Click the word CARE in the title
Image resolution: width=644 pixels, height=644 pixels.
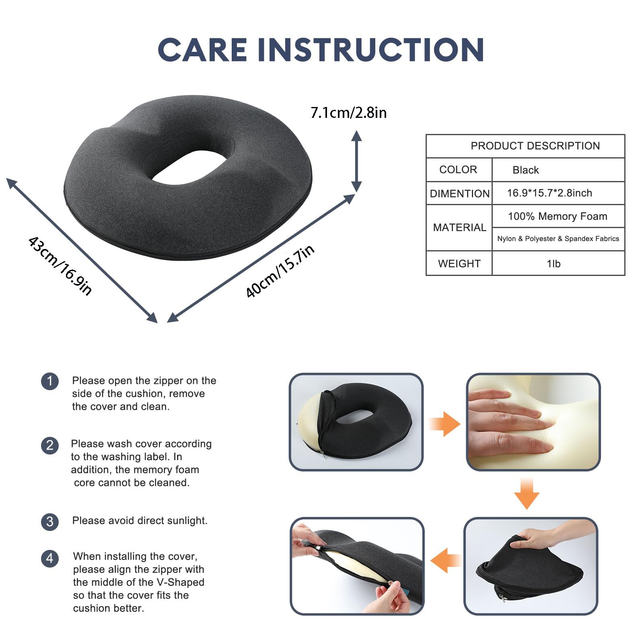pos(203,50)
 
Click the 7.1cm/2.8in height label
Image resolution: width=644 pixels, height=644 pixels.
pos(349,113)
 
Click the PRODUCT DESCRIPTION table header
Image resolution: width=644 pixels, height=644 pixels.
pos(535,146)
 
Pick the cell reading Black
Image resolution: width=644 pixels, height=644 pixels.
pos(525,170)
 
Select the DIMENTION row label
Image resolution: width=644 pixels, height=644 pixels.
pos(459,193)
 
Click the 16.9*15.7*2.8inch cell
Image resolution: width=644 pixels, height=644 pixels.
pos(549,193)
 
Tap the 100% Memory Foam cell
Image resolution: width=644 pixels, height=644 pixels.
pos(558,216)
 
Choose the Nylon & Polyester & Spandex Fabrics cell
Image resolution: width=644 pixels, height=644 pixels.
pos(558,239)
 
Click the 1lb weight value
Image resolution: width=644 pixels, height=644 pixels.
pos(553,263)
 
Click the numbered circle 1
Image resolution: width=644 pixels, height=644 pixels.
pos(50,381)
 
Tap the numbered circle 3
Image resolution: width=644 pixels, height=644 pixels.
pos(50,522)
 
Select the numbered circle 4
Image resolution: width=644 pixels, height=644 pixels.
pos(50,558)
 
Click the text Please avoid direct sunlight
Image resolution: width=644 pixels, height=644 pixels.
pos(140,521)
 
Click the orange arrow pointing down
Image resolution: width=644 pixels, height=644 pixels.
pos(527,494)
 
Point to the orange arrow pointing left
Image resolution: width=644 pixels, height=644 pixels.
pos(446,560)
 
